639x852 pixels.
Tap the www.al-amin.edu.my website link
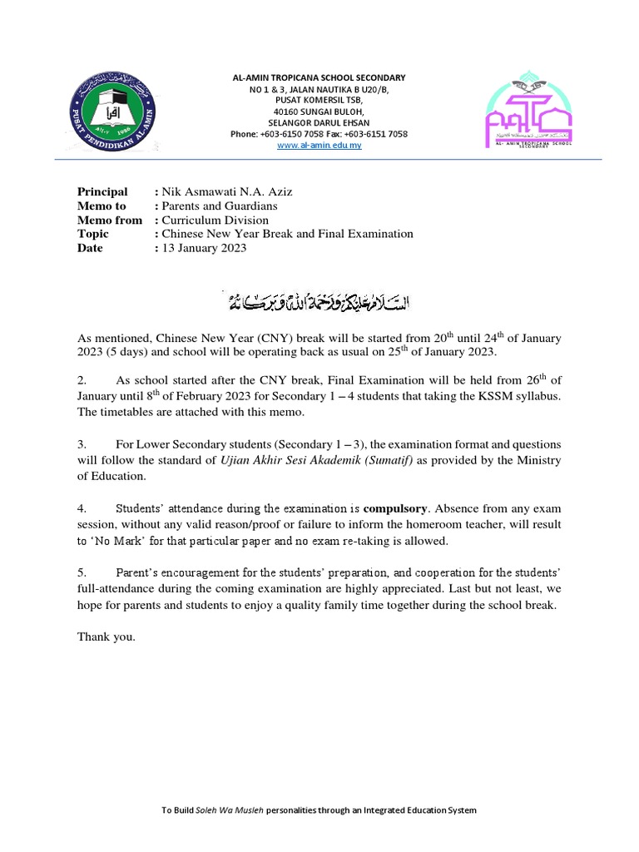(319, 145)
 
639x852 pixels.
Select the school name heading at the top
(319, 77)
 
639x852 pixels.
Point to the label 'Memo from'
(110, 220)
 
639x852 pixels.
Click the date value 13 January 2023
(204, 248)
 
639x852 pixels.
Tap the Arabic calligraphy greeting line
(319, 299)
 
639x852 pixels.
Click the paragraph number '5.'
(82, 572)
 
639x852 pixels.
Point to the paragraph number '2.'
(82, 380)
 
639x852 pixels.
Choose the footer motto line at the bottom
(319, 810)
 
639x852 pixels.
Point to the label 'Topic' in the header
(93, 234)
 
